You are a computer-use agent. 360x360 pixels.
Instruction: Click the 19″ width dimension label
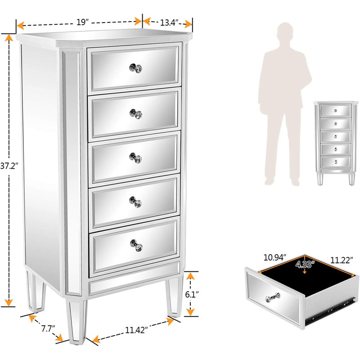(x=82, y=22)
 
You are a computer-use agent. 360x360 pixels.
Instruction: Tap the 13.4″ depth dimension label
(x=169, y=23)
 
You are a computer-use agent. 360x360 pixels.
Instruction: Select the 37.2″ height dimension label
(x=9, y=166)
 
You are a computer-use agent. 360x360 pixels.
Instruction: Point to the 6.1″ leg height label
(x=192, y=294)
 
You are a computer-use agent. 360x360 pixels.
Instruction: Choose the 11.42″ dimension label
(x=136, y=330)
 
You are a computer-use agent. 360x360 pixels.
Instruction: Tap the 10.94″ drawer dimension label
(x=275, y=257)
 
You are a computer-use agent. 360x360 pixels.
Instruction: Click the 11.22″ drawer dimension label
(x=342, y=260)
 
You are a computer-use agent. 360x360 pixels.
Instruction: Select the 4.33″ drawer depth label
(x=305, y=264)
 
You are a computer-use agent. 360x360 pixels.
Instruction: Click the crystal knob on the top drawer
(x=136, y=68)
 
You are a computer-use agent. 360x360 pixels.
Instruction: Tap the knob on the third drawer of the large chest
(x=135, y=158)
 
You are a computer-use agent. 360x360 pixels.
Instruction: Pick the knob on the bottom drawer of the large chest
(x=136, y=245)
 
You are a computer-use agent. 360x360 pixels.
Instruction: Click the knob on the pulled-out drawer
(x=273, y=297)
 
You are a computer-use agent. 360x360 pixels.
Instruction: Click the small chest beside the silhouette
(x=336, y=143)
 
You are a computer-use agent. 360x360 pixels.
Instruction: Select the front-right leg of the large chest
(x=175, y=296)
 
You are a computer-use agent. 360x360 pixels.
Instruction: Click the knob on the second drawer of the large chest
(x=136, y=114)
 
